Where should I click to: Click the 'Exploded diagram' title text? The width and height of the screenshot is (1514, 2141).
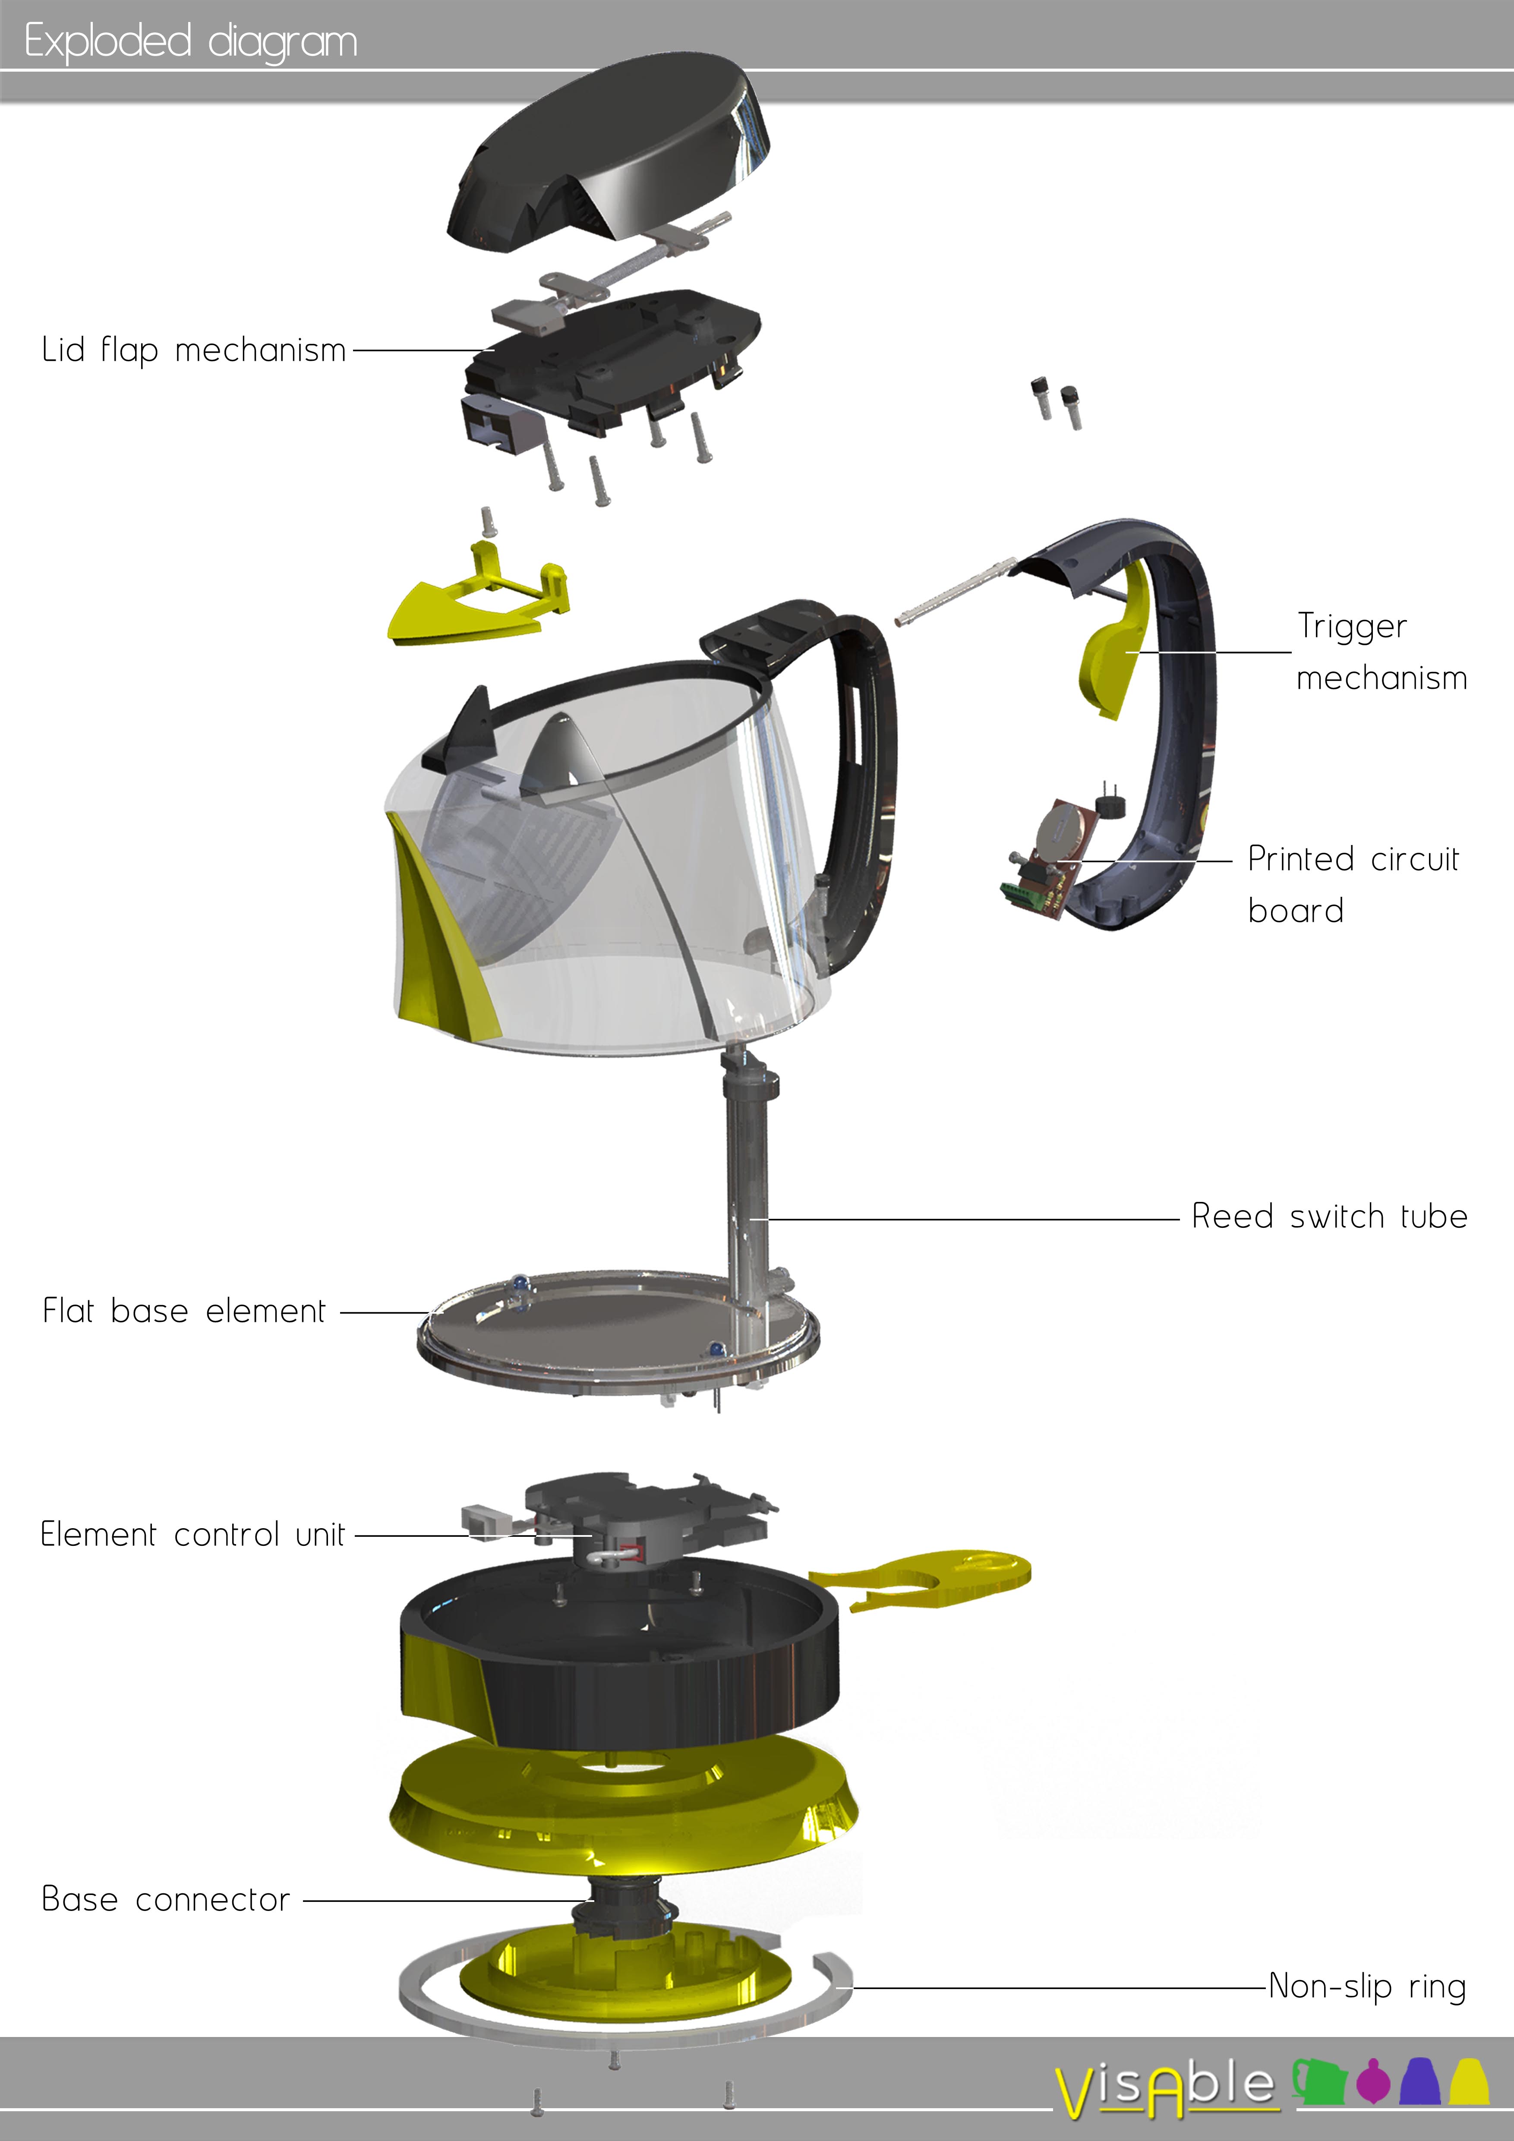[191, 42]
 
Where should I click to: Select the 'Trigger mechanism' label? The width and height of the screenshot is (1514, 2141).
[1382, 651]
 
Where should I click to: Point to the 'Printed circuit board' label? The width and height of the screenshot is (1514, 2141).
[1353, 884]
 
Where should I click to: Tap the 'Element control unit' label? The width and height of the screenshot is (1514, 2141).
[192, 1534]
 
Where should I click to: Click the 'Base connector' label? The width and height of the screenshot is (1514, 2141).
[166, 1899]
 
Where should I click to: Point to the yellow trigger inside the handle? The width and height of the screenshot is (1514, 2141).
[1114, 643]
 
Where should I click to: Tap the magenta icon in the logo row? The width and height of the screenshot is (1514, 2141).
[1373, 2081]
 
